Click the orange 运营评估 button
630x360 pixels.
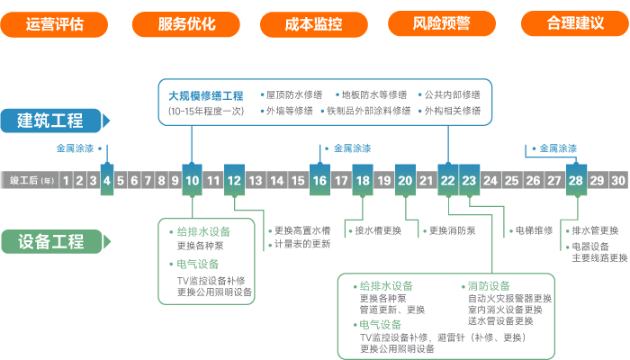point(55,24)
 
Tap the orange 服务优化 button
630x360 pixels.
point(186,24)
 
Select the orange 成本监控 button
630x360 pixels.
point(314,24)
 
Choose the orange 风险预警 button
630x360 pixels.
point(442,24)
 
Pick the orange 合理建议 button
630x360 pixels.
point(574,24)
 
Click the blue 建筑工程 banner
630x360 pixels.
point(54,120)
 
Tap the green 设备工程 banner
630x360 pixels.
point(54,240)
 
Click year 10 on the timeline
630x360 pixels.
point(192,180)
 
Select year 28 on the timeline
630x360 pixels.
point(575,180)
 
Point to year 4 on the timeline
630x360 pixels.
point(107,180)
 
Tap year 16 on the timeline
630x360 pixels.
point(319,180)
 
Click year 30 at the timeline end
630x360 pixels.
point(617,180)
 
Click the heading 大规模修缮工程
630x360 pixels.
point(206,94)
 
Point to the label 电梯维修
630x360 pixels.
point(534,230)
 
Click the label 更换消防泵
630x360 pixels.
point(453,230)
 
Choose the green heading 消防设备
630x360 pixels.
point(489,287)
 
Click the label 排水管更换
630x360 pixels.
point(595,230)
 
